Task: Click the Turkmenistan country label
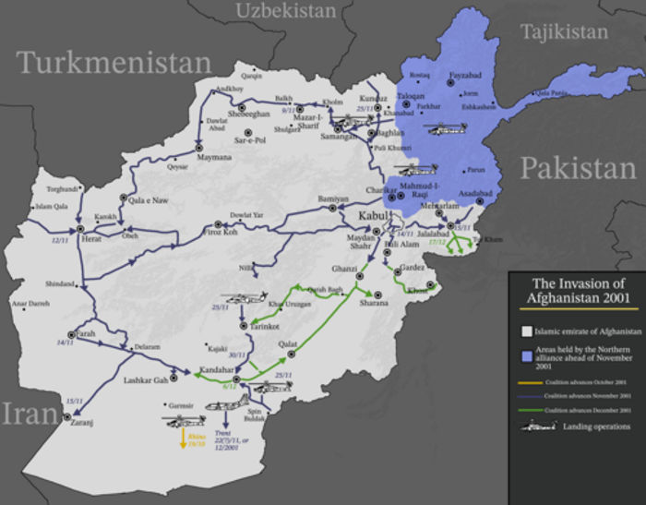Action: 113,64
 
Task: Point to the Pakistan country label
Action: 578,168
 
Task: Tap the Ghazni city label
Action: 343,268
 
